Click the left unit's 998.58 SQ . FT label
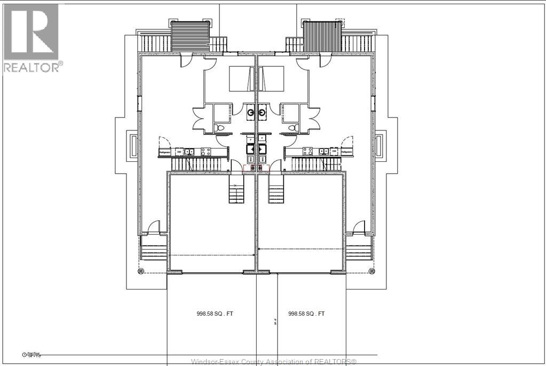(215, 314)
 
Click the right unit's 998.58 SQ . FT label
(306, 314)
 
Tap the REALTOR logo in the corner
(31, 37)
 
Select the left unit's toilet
(220, 128)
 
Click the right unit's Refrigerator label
(347, 152)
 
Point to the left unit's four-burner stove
(204, 151)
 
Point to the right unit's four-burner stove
(308, 151)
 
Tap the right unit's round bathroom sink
(263, 112)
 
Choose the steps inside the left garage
(236, 193)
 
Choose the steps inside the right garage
(276, 193)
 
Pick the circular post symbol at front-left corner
(140, 271)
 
